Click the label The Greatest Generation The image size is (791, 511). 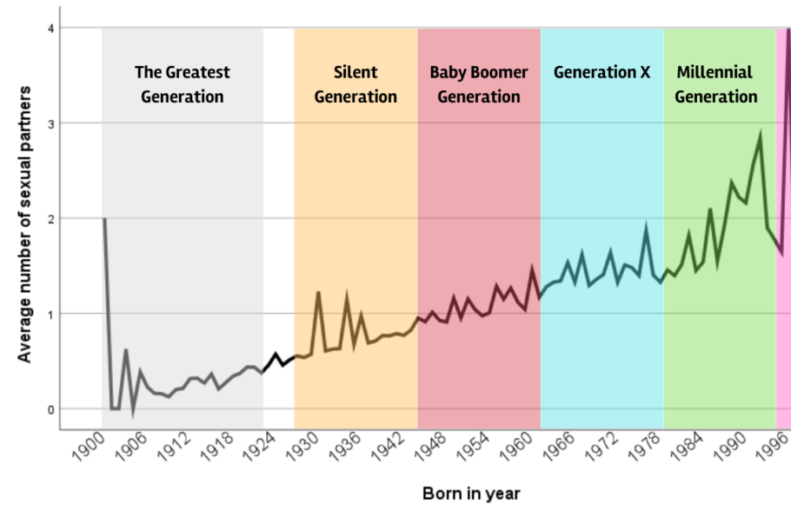[182, 83]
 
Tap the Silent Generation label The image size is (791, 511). [356, 83]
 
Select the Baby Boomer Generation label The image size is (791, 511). [478, 83]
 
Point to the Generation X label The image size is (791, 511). [602, 72]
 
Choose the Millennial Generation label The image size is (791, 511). [715, 83]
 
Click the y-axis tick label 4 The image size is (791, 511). [51, 29]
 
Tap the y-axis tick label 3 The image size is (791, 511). [51, 123]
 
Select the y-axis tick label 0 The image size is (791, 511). [51, 409]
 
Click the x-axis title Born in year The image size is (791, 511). [471, 494]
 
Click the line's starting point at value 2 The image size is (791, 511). [104, 219]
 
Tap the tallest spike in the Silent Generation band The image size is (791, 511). [318, 293]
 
